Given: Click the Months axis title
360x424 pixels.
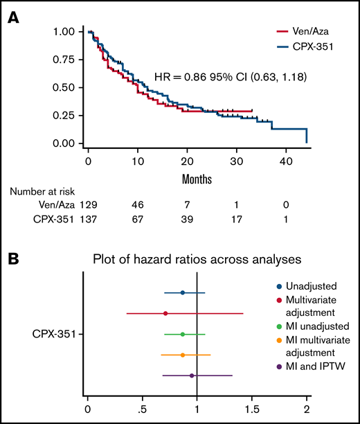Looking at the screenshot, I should click(197, 179).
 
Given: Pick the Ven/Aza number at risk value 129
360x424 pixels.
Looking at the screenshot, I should click(87, 205).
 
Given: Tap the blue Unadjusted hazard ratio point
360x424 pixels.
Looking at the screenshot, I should click(183, 292).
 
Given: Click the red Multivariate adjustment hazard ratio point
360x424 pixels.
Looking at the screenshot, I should click(165, 313).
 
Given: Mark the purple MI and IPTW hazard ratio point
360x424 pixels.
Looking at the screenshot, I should click(192, 376).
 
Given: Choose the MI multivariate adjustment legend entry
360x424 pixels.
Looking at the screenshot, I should click(314, 345).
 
